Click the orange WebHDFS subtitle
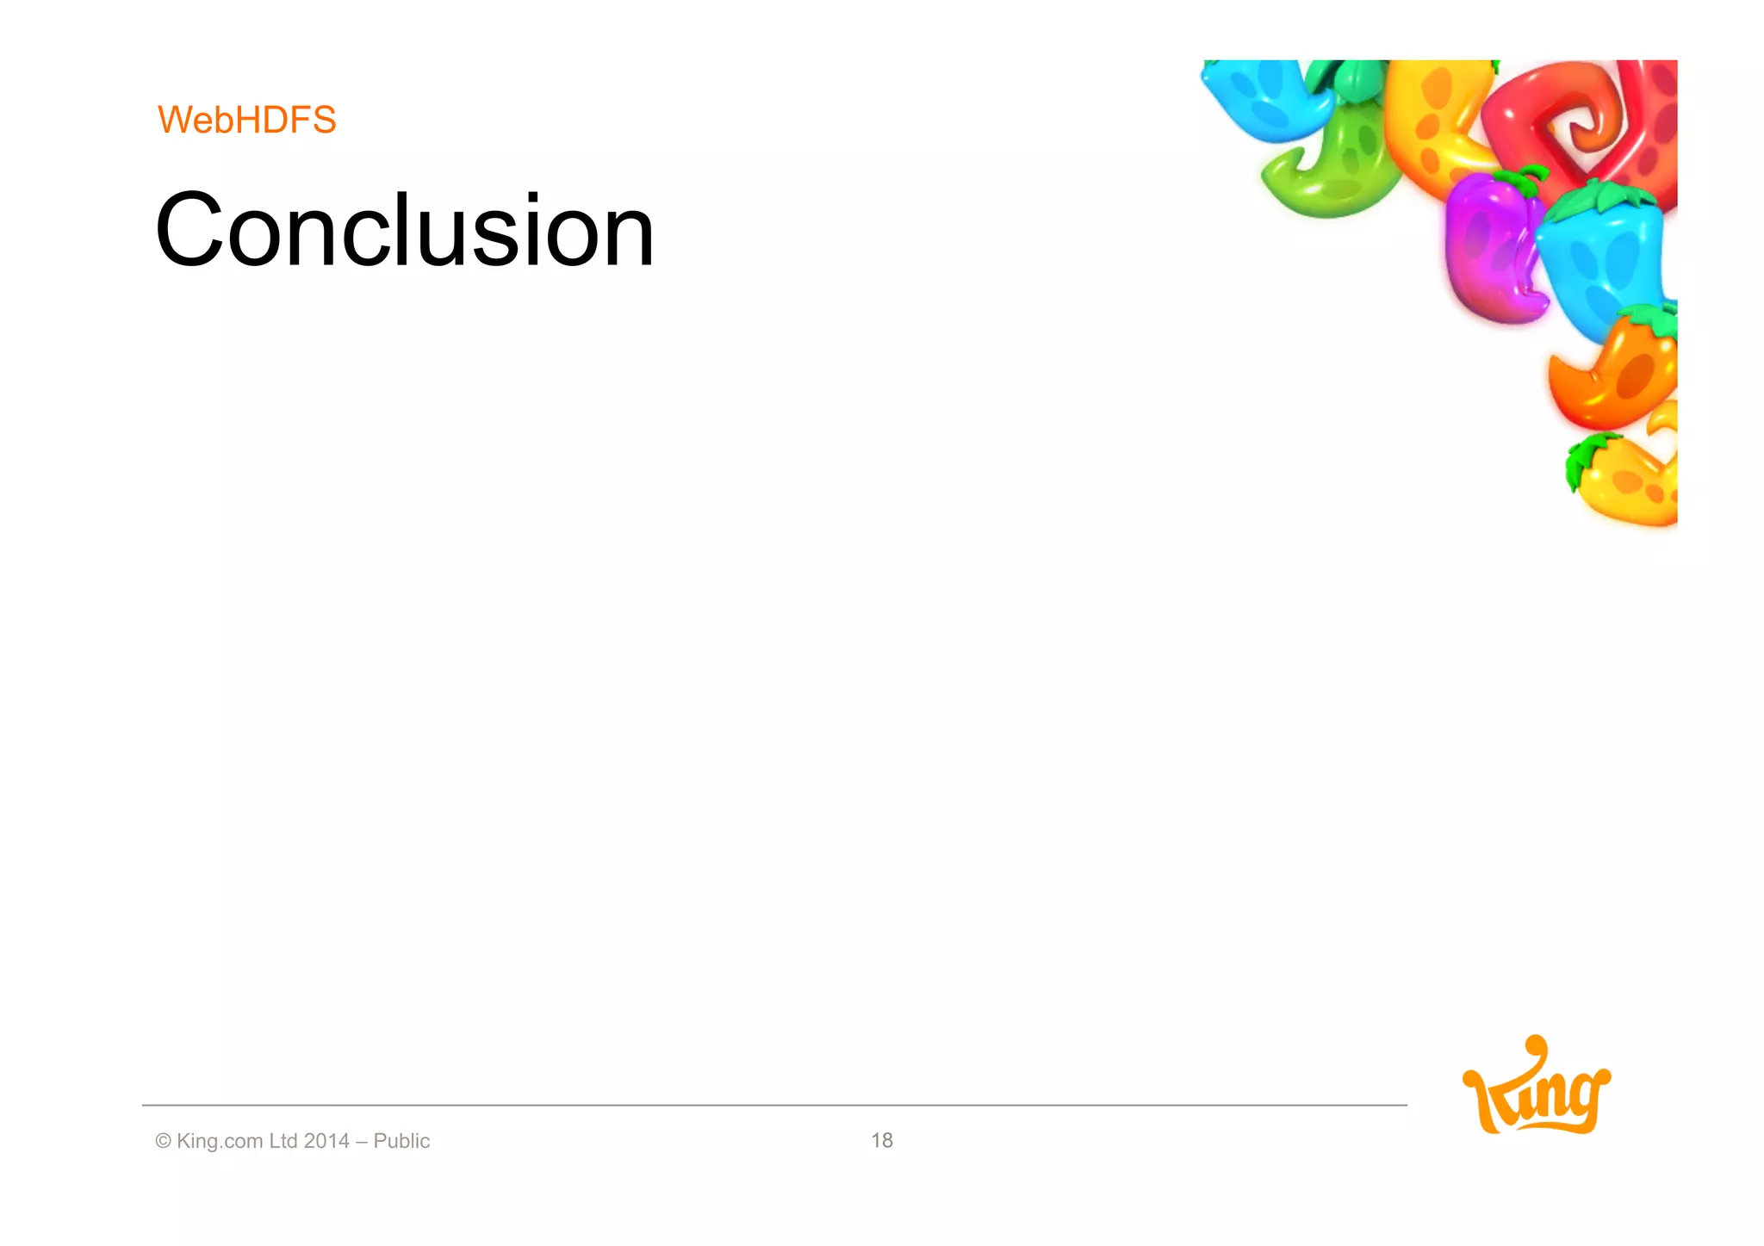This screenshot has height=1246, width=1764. pos(247,120)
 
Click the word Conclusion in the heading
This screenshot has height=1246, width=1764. pos(405,231)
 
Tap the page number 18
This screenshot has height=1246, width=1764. pos(881,1140)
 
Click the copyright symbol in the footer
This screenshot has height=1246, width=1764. pos(163,1141)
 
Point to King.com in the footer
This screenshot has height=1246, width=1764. pos(220,1141)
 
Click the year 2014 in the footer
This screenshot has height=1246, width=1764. pos(326,1141)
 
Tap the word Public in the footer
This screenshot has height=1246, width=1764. pos(401,1141)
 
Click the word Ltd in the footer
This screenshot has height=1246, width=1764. pos(283,1141)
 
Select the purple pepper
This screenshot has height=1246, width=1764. pos(1488,250)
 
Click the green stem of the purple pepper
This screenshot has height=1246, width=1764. pos(1523,179)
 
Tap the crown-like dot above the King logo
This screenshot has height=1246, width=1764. pos(1536,1044)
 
